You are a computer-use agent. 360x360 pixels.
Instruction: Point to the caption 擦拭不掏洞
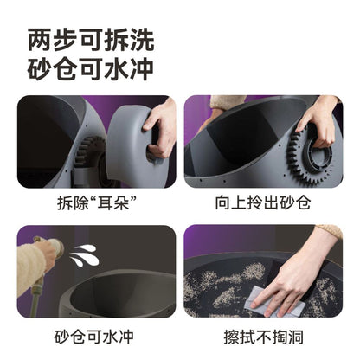point(266,337)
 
